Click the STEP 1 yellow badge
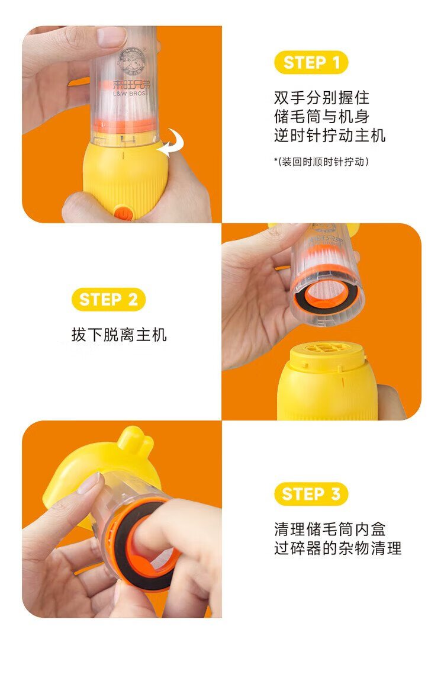coord(311,63)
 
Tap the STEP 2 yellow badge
coord(108,300)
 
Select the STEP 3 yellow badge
coord(311,494)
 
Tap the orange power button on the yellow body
coord(124,214)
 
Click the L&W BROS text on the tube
coord(130,94)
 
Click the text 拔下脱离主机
coord(119,335)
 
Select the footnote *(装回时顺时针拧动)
coord(321,162)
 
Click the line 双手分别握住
coord(322,97)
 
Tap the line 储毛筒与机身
coord(322,117)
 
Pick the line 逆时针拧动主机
coord(330,136)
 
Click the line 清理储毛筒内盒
coord(330,529)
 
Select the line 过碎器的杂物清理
coord(337,548)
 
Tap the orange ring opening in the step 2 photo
coord(324,292)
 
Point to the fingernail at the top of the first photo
coord(111,37)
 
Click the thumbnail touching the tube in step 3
coord(89,483)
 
